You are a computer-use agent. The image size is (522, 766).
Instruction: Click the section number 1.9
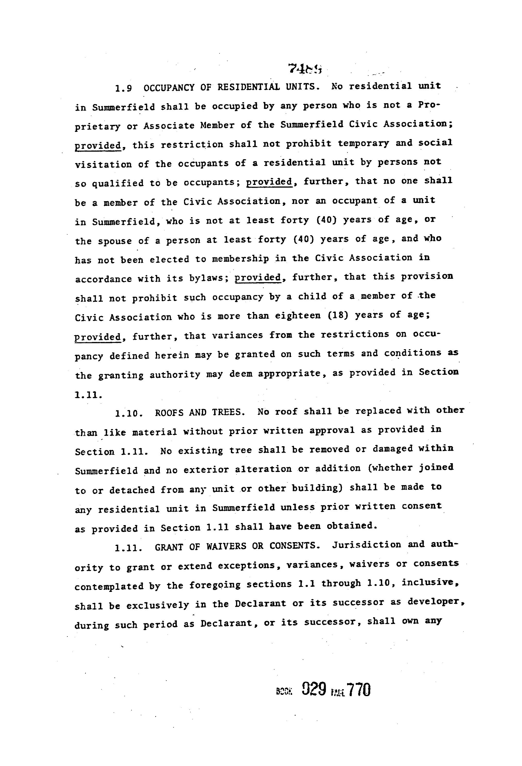pyautogui.click(x=123, y=88)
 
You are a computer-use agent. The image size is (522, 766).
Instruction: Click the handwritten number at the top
pyautogui.click(x=305, y=69)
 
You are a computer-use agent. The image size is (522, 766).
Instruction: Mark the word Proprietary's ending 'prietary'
pyautogui.click(x=97, y=127)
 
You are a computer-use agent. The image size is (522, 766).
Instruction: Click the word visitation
pyautogui.click(x=103, y=164)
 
